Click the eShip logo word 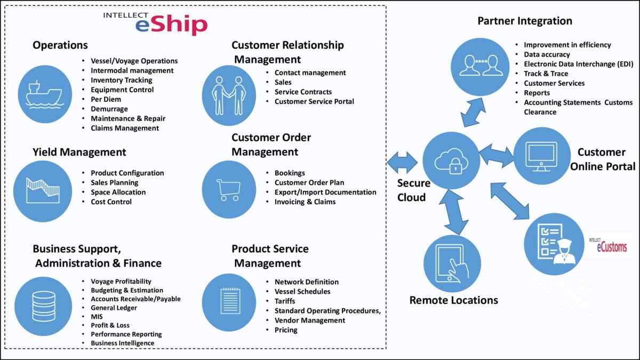(171, 25)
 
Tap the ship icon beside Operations (45, 94)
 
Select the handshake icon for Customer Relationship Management (229, 95)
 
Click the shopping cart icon (229, 189)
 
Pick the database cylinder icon (43, 306)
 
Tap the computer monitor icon (542, 156)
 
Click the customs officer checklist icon (554, 244)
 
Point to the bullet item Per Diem (106, 99)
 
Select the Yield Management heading (79, 152)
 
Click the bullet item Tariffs (285, 301)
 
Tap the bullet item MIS (97, 317)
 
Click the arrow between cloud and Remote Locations (454, 212)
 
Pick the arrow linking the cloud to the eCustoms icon (510, 201)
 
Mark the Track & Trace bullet (546, 74)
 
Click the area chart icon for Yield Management (43, 191)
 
